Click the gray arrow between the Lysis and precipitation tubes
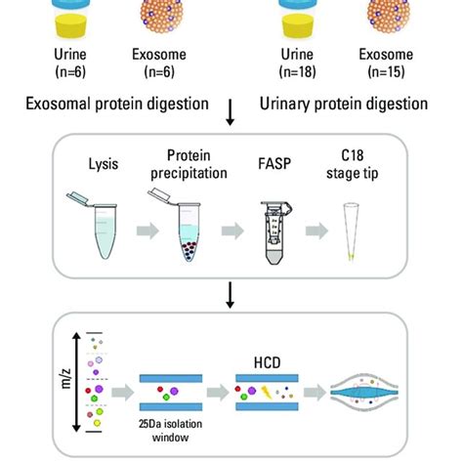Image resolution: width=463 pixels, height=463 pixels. (140, 232)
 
